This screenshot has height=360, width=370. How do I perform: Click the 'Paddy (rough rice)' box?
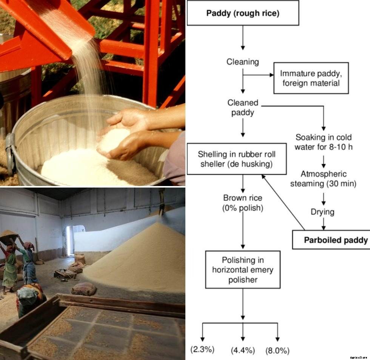pos(243,13)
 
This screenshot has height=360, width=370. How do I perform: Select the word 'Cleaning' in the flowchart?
pos(243,62)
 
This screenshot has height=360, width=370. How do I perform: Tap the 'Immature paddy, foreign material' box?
pos(311,78)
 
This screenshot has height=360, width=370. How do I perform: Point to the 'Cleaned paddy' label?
pos(243,108)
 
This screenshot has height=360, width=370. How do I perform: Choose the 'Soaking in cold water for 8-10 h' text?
pos(324,142)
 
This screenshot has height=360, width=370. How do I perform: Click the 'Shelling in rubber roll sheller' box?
pos(236,159)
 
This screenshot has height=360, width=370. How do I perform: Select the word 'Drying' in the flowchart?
pos(322,212)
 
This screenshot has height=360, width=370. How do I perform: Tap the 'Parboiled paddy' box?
pos(331,240)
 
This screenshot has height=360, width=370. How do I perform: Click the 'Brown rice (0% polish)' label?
pos(243,203)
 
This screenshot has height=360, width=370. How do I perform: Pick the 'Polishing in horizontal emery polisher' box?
pos(243,269)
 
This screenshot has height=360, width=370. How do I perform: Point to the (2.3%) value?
pos(202,349)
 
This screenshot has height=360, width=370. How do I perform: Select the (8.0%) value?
pos(277,350)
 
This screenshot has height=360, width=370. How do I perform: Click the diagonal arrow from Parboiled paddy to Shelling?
pos(284,202)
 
